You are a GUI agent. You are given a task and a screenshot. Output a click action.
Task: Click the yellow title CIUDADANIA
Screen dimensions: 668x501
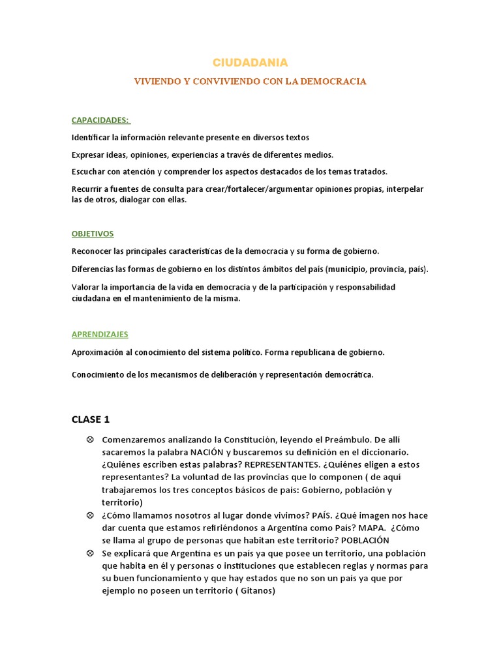(250, 63)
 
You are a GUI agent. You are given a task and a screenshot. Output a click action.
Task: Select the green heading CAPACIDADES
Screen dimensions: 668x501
(100, 120)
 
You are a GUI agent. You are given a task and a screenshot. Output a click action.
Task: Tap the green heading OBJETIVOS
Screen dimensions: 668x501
(93, 234)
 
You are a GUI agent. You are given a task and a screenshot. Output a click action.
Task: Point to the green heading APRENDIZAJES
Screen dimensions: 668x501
(100, 334)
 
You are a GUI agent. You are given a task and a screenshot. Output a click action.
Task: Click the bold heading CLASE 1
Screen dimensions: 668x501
(95, 419)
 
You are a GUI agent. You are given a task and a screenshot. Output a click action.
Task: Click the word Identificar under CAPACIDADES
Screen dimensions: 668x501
(91, 138)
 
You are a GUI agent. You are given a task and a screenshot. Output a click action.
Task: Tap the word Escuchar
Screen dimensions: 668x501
(89, 172)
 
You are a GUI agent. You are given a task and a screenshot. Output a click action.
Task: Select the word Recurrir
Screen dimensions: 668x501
(88, 189)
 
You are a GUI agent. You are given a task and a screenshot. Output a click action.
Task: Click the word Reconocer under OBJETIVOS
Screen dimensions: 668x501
(92, 251)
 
